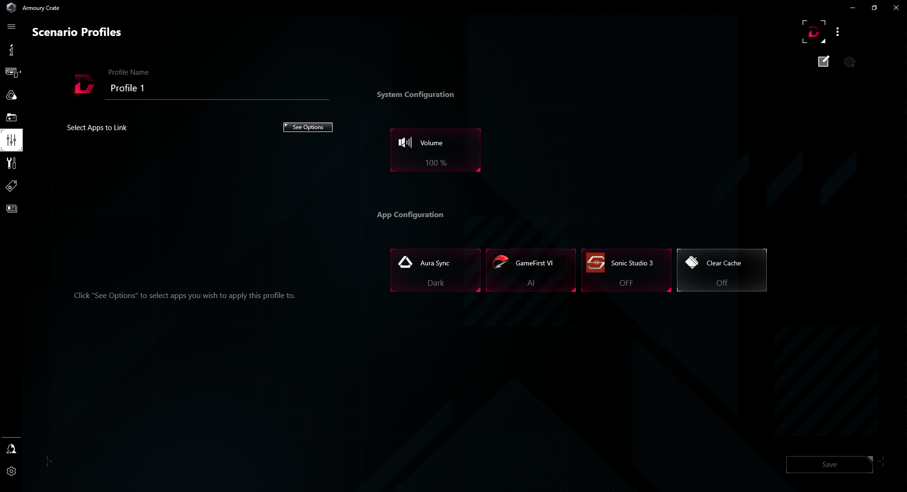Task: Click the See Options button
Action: tap(308, 127)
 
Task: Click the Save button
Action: tap(829, 465)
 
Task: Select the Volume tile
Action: tap(436, 150)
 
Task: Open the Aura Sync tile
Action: tap(436, 270)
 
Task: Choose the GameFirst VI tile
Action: tap(531, 270)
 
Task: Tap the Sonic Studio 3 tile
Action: tap(626, 270)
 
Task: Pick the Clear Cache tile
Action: tap(722, 270)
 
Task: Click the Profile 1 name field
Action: tap(217, 88)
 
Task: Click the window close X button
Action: tap(896, 8)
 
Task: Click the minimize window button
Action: tap(853, 8)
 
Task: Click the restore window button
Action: tap(874, 8)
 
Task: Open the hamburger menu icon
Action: tap(11, 26)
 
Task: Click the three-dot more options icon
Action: tap(838, 32)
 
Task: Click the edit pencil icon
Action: tap(823, 61)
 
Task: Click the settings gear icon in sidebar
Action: tap(11, 471)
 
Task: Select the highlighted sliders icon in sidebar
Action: tap(11, 140)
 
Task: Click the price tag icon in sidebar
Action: tap(11, 186)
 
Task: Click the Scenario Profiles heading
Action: tap(77, 32)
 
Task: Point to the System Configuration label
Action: tap(415, 95)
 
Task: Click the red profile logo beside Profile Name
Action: tap(84, 84)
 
